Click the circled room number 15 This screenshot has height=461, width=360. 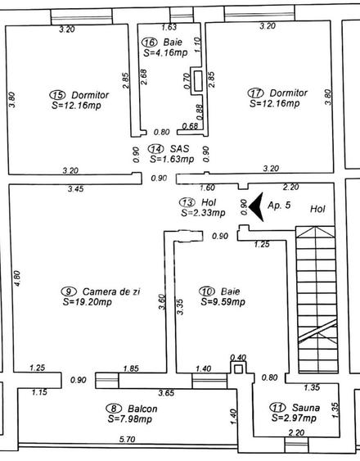57,94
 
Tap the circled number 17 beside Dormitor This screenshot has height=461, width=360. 255,93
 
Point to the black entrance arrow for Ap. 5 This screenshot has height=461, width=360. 254,205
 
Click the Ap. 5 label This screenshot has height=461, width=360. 280,205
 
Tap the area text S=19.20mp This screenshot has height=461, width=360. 90,301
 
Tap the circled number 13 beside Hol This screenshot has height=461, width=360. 187,202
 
